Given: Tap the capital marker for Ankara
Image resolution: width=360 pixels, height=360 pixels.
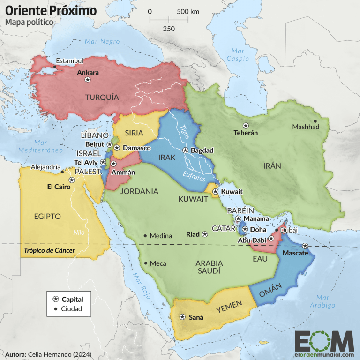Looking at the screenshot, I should tap(87, 80).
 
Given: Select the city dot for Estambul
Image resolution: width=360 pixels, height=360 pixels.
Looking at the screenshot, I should tap(55, 67).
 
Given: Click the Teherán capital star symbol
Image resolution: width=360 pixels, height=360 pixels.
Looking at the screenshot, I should tap(246, 125).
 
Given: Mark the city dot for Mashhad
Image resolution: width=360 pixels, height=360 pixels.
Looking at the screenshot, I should tap(315, 121).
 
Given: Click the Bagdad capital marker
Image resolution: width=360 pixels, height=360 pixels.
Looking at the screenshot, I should tap(186, 150).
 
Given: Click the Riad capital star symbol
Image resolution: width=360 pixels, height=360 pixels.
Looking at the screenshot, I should tap(204, 234).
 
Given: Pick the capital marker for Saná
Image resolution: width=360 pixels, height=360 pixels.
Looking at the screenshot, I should tap(182, 317).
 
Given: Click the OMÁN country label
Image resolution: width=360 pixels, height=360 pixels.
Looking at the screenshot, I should tap(270, 291).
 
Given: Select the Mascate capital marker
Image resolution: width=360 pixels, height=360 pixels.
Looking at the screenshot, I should tap(305, 246).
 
